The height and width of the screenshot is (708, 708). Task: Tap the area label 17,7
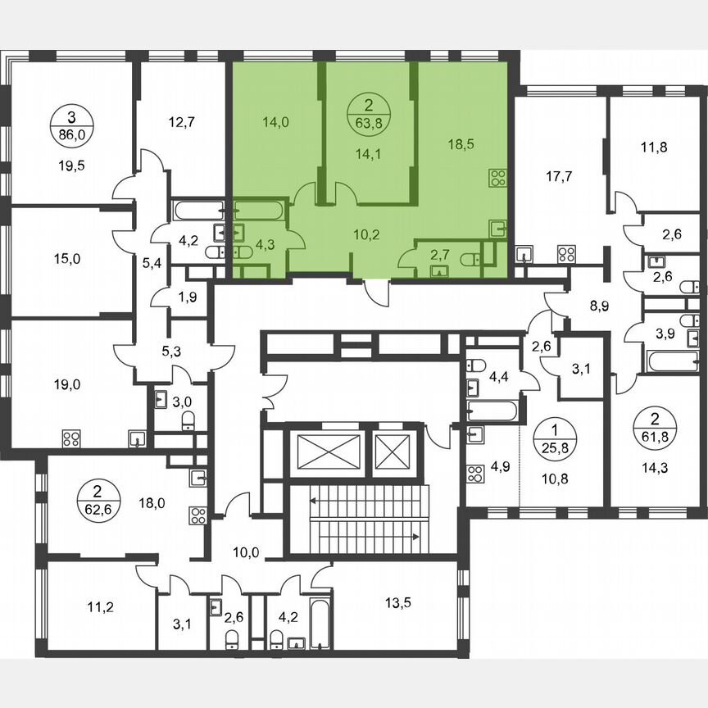pyautogui.click(x=560, y=175)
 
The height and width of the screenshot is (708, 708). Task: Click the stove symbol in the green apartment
pyautogui.click(x=497, y=177)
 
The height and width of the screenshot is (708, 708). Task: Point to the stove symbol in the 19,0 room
pyautogui.click(x=70, y=438)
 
